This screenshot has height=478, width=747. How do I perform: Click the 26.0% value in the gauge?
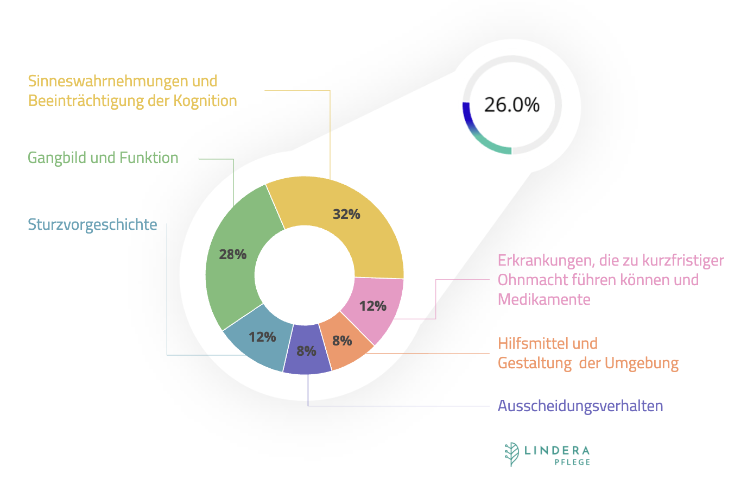(511, 104)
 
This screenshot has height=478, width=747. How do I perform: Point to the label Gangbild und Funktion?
(103, 158)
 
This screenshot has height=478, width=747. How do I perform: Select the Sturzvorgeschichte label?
(92, 224)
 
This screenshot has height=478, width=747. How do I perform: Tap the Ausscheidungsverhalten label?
(580, 406)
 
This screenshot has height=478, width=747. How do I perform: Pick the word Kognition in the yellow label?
(205, 100)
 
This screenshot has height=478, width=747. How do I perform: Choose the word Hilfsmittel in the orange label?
(533, 343)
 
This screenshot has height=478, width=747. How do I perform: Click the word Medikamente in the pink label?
(544, 299)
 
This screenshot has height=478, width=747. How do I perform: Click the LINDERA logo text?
(557, 450)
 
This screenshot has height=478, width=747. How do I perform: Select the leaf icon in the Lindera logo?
(511, 454)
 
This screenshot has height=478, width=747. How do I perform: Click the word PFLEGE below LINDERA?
(572, 462)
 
